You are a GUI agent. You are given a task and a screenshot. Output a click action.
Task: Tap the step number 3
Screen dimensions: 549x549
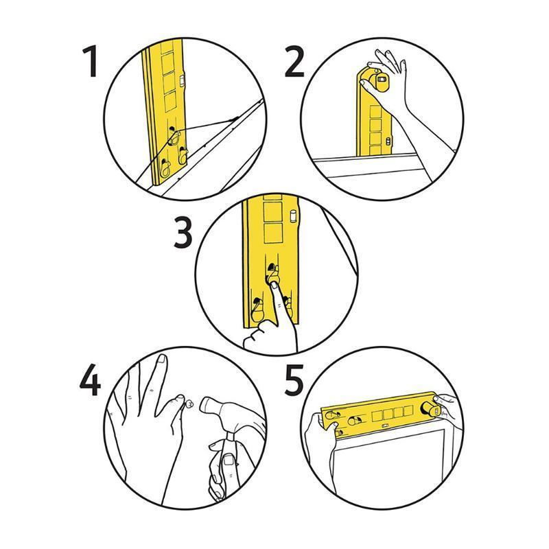coord(183,233)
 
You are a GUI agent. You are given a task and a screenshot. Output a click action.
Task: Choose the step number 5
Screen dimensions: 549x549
coord(294,379)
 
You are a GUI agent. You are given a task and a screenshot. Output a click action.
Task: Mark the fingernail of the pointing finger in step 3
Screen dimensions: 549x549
coord(274,282)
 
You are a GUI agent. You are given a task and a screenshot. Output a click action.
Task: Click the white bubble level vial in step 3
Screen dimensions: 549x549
coord(294,216)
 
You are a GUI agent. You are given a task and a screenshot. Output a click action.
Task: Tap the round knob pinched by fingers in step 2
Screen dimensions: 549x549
coord(379,83)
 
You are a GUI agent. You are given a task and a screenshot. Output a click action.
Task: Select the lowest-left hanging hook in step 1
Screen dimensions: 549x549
coord(165,165)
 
